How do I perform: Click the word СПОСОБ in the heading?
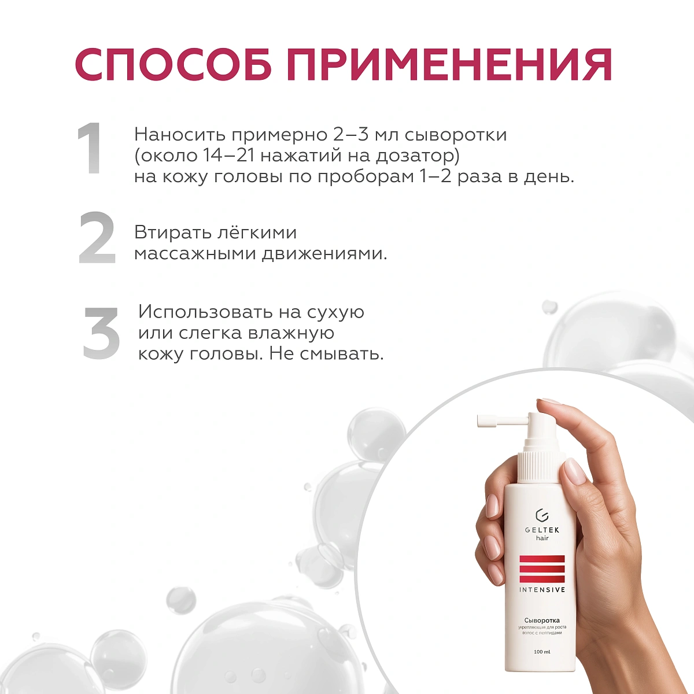[173, 65]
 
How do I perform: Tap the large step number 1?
[90, 149]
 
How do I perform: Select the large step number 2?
[97, 238]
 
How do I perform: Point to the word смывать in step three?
[341, 353]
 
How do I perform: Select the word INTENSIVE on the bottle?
[542, 590]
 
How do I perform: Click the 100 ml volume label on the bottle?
[542, 652]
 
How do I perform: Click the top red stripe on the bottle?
[542, 559]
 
